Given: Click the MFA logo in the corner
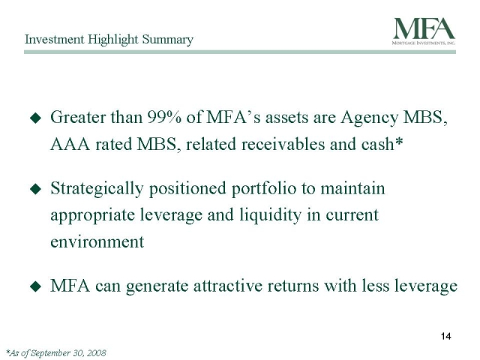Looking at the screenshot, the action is (x=424, y=31).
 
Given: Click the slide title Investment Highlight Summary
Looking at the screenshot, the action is (x=109, y=40).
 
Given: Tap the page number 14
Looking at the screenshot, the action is (x=446, y=336).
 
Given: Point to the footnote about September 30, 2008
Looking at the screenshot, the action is (x=56, y=353).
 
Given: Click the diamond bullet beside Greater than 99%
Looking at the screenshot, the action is (x=36, y=118).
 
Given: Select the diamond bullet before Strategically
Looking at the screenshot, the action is (x=36, y=189).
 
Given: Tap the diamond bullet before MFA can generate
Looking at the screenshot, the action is (x=36, y=286).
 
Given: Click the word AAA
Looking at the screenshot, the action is (x=70, y=144).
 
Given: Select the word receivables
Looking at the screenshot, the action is (x=283, y=144).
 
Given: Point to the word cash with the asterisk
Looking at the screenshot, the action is (x=382, y=144).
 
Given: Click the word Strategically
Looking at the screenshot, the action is (x=97, y=189).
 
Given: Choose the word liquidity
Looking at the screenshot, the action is (x=270, y=215).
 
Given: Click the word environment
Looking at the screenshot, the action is (x=97, y=242).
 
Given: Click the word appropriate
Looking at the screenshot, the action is (x=93, y=216).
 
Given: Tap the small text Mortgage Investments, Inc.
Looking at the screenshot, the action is (x=424, y=43).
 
